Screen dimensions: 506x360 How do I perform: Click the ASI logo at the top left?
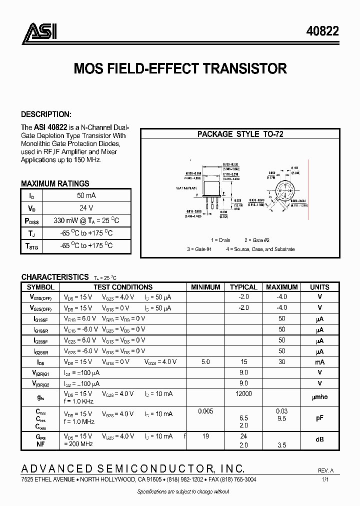39,31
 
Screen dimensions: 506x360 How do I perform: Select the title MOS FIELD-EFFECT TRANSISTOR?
180,68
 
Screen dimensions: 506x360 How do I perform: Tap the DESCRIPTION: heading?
46,114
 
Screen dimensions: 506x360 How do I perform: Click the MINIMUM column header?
205,287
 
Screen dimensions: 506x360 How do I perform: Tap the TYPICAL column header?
243,287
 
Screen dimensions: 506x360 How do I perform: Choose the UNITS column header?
319,287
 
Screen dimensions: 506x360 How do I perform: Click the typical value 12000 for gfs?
243,394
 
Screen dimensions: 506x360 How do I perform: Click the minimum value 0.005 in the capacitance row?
205,411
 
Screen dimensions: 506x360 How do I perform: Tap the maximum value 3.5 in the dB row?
282,443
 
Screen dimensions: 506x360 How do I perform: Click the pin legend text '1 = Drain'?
220,240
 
